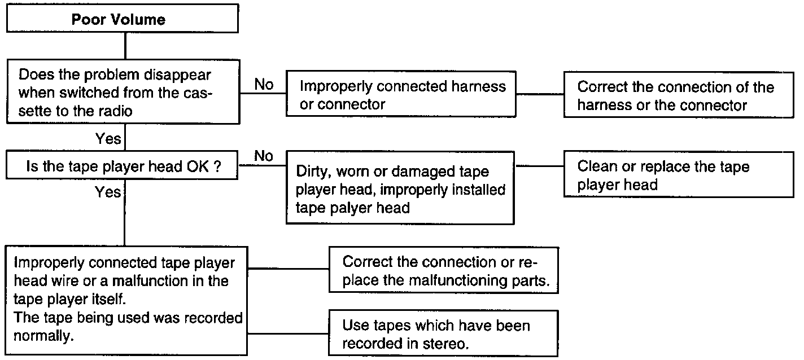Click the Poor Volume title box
[118, 20]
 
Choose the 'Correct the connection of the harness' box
[676, 95]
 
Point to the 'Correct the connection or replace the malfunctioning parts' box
[443, 271]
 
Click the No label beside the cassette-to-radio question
[263, 85]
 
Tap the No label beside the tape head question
[263, 156]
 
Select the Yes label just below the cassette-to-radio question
[108, 139]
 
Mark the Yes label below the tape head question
[108, 192]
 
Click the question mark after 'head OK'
[217, 167]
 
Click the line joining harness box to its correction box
[540, 94]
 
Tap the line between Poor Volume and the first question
[124, 45]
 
